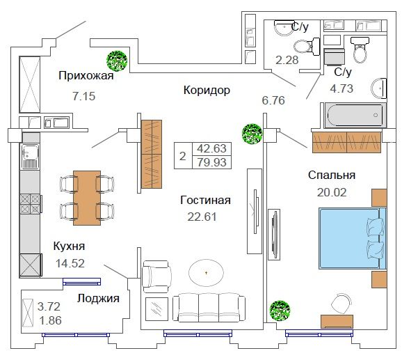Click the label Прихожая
point(86,76)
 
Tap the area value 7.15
point(84,96)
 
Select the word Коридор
point(207,90)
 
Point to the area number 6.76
point(273,100)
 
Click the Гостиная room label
point(205,200)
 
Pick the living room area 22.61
point(202,217)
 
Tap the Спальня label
point(332,175)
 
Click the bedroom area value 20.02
point(332,192)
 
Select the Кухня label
point(69,246)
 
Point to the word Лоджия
point(98,299)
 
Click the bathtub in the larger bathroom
point(355,115)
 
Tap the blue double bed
point(353,238)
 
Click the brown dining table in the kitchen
point(87,198)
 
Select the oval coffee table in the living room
point(206,273)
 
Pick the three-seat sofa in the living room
point(209,307)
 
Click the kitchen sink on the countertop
point(30,156)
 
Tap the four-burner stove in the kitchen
point(31,204)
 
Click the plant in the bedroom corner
point(280,311)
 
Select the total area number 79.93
point(211,162)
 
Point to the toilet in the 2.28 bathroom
point(307,47)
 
